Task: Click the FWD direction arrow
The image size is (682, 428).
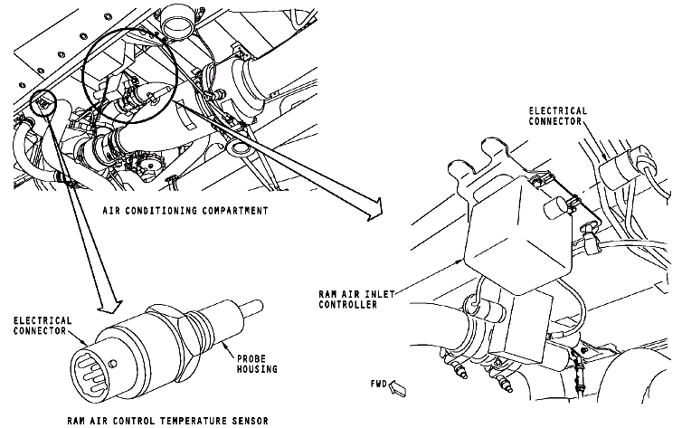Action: (399, 389)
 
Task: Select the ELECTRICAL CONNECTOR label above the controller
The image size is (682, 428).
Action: (558, 116)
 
